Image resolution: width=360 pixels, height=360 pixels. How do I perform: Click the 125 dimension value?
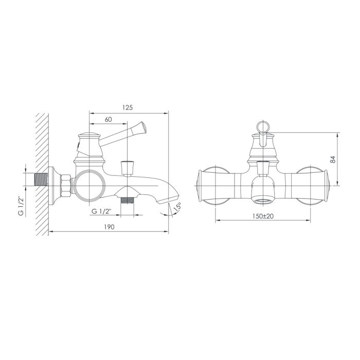pos(128,107)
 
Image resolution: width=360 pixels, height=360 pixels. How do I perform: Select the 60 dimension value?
pos(108,120)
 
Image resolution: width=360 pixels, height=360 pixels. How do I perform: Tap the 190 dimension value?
pos(109,227)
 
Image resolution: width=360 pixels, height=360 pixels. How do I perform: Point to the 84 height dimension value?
pos(333,159)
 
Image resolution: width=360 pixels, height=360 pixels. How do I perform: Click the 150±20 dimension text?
pos(263,216)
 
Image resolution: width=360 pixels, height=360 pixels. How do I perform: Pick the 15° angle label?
pos(177,207)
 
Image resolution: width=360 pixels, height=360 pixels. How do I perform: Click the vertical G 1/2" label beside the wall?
pos(21,206)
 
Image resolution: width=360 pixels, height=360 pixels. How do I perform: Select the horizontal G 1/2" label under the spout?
pos(101,211)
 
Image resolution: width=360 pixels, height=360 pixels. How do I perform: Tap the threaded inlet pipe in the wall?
pos(41,179)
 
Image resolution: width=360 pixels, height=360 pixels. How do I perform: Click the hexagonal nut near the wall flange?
pos(66,186)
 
